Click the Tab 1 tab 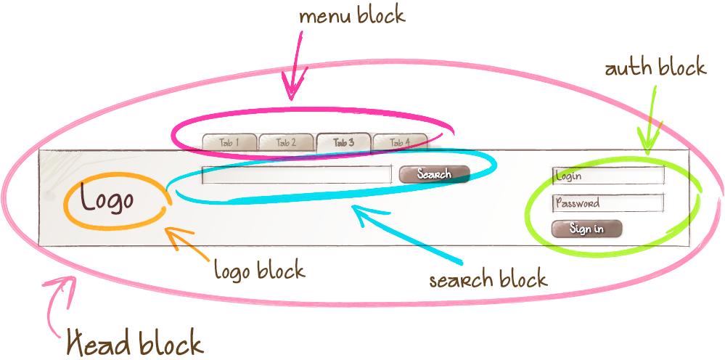coord(229,142)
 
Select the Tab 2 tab coord(287,142)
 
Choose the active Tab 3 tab coord(343,142)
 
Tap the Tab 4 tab coord(400,142)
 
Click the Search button coord(434,174)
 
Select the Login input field coord(608,176)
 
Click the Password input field coord(608,203)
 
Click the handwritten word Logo coord(107,199)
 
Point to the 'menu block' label coord(352,16)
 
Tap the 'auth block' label coord(655,68)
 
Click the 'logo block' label coord(259,271)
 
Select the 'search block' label coord(488,279)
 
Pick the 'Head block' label coord(135,341)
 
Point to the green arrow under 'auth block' coord(650,120)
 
